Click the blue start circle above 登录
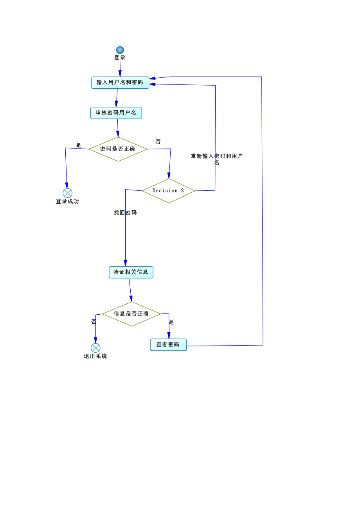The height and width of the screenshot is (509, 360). click(x=120, y=50)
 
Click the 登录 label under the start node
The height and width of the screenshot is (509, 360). click(x=120, y=58)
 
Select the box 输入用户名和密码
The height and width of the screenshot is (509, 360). click(x=120, y=82)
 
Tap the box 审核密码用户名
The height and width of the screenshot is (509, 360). click(x=116, y=113)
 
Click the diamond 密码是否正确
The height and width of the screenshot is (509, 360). click(x=118, y=149)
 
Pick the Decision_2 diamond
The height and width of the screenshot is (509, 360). click(x=169, y=191)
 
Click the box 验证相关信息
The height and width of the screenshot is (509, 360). click(x=131, y=272)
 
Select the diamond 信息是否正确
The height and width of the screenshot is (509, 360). click(x=131, y=314)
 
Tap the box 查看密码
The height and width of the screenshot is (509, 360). click(x=168, y=345)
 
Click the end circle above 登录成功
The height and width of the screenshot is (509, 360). click(x=67, y=193)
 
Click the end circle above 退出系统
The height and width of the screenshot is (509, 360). click(x=95, y=348)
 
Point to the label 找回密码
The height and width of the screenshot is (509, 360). click(x=125, y=213)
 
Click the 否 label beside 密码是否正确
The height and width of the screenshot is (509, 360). click(x=158, y=142)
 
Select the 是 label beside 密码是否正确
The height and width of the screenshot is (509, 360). click(x=78, y=145)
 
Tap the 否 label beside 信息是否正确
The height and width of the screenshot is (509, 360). click(x=94, y=322)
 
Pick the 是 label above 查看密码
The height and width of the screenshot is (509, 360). click(x=171, y=322)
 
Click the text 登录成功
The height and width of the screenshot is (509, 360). click(x=67, y=201)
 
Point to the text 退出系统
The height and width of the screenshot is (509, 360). click(x=95, y=356)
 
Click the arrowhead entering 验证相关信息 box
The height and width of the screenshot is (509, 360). click(x=125, y=263)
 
